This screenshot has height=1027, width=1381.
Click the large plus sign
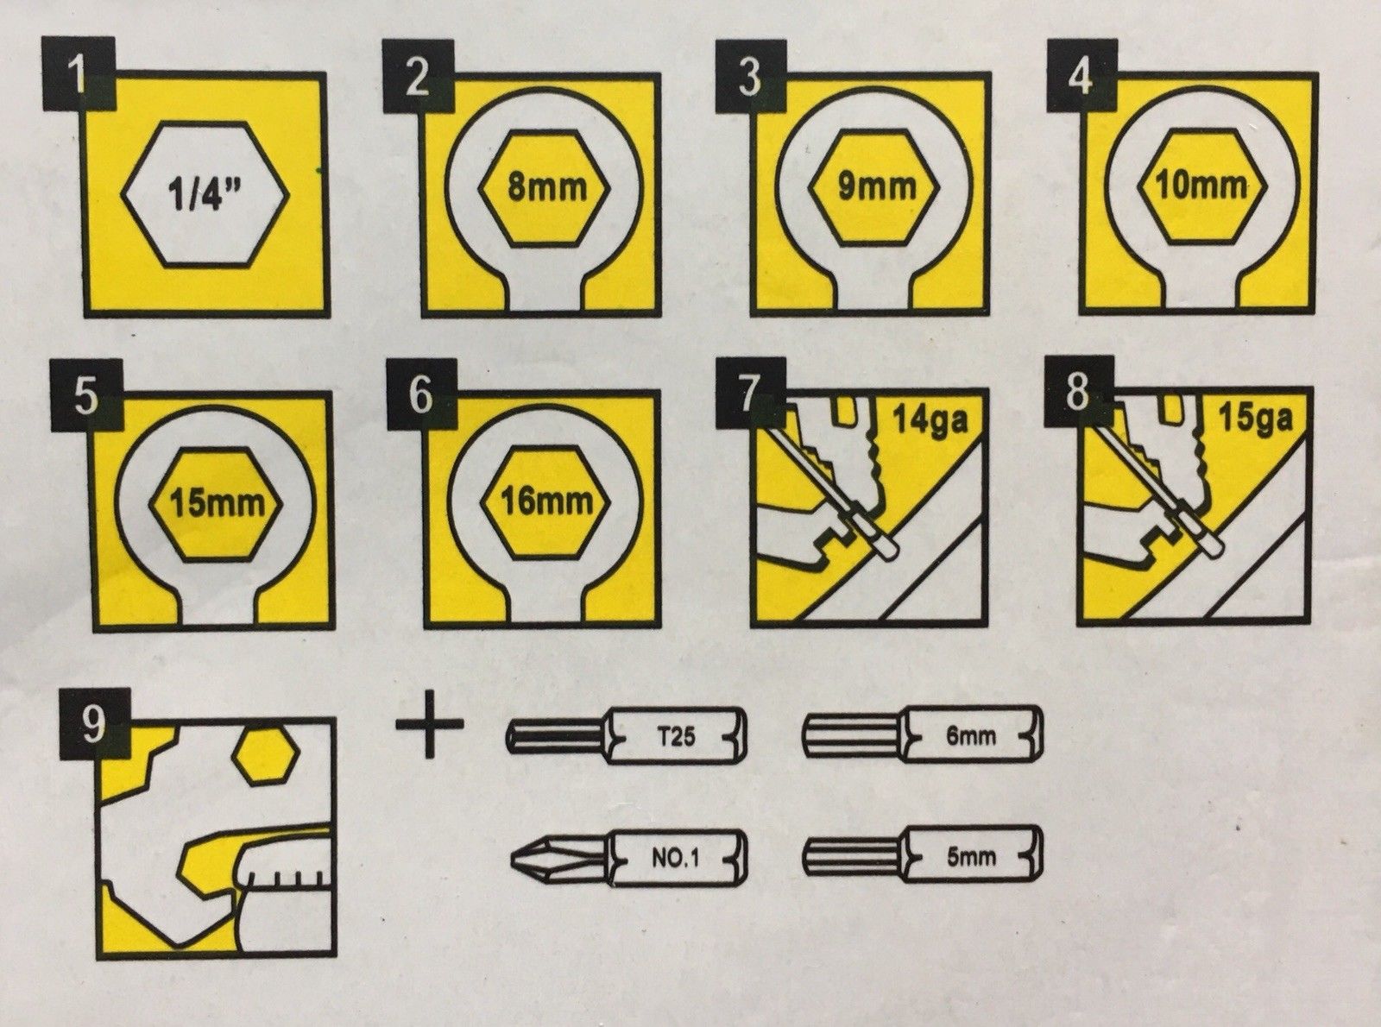coord(430,724)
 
